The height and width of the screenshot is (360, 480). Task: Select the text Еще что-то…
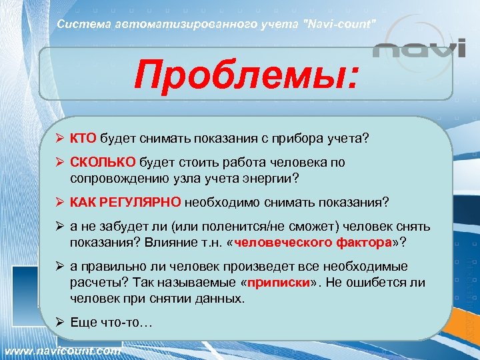111,323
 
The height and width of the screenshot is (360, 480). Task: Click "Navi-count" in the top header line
337,25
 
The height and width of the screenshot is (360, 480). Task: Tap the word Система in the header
79,25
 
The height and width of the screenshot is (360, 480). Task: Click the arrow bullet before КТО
60,138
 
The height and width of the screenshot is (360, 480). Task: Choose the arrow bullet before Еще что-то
60,323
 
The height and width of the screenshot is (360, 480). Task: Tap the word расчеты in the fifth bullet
93,283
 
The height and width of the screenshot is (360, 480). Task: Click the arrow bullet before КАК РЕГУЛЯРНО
60,202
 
